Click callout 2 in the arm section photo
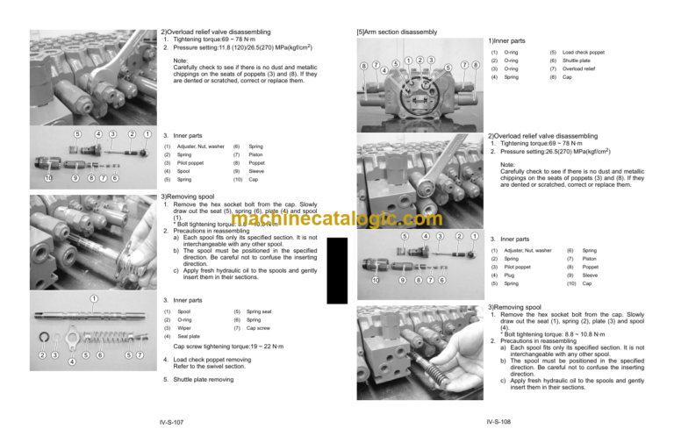pos(419,60)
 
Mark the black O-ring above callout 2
pos(42,337)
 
